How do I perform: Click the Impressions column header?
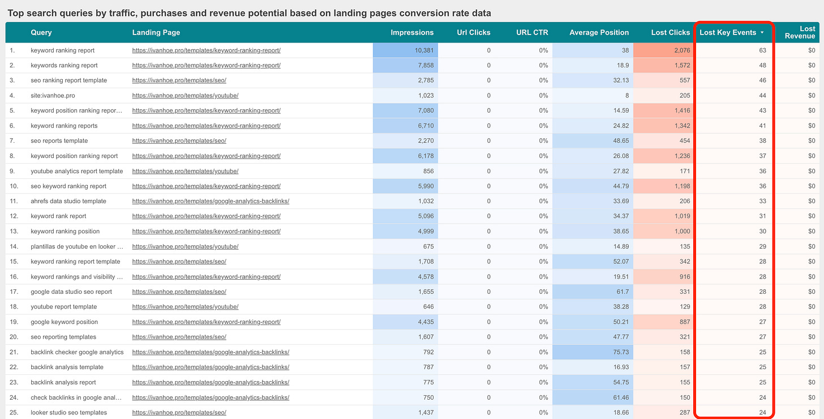click(412, 32)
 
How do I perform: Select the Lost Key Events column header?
click(728, 32)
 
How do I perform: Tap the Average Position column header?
click(599, 32)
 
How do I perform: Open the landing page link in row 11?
click(211, 201)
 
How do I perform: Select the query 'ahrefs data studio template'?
click(68, 201)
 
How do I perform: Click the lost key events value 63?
click(762, 50)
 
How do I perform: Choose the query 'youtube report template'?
click(64, 307)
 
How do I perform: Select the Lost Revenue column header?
click(800, 32)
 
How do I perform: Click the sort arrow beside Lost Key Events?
click(762, 33)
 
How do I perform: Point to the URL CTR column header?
click(532, 32)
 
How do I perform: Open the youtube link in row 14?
click(185, 246)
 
